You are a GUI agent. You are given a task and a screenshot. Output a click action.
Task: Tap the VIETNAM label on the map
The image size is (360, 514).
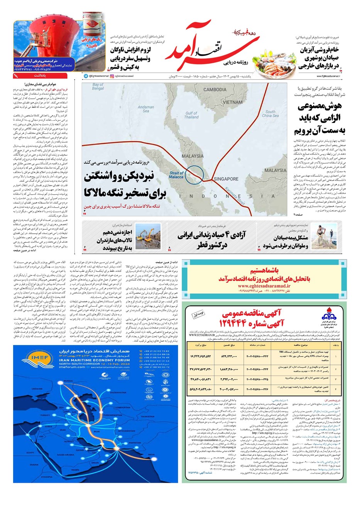pyautogui.click(x=232, y=102)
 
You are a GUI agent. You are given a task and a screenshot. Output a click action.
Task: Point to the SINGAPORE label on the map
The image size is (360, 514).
pyautogui.click(x=226, y=179)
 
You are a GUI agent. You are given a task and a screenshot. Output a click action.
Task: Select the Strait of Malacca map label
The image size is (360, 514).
pyautogui.click(x=176, y=175)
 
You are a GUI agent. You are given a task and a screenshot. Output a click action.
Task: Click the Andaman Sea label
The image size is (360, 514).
pyautogui.click(x=146, y=109)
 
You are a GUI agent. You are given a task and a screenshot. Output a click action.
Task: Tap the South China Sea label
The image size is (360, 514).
pyautogui.click(x=270, y=113)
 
